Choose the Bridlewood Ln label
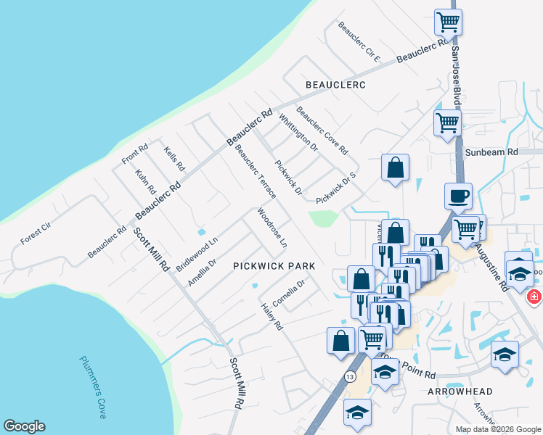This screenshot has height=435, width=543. [x=197, y=254]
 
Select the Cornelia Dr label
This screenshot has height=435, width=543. [x=288, y=294]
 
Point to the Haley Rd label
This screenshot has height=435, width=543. [x=271, y=318]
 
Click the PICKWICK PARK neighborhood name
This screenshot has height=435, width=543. [x=274, y=266]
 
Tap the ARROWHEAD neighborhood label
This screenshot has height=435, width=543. [x=460, y=391]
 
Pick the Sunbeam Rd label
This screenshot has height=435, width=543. [x=491, y=152]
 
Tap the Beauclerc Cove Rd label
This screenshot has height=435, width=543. [x=322, y=131]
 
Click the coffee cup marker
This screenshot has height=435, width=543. [x=458, y=196]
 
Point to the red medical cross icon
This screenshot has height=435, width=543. [x=534, y=297]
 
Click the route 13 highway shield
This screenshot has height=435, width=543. [x=351, y=377]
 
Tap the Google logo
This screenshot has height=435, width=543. [x=24, y=426]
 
